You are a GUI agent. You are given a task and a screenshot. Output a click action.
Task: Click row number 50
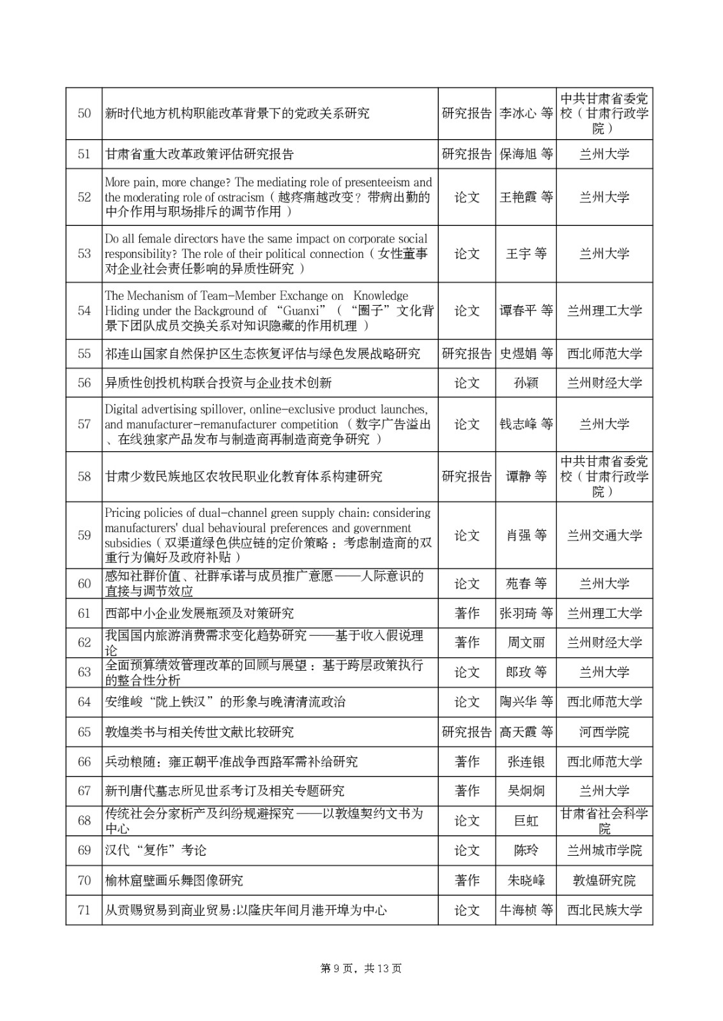tap(84, 114)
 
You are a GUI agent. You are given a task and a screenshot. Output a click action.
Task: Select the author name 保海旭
tap(518, 154)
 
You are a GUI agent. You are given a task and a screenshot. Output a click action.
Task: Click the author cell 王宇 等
tap(526, 254)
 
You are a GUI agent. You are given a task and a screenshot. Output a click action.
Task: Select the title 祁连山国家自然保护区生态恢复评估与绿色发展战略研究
tap(263, 354)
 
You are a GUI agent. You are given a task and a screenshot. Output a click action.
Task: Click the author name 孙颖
tap(526, 383)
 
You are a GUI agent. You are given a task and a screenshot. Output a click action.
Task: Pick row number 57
tap(84, 424)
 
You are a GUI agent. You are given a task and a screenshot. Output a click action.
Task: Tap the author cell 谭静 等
tap(526, 477)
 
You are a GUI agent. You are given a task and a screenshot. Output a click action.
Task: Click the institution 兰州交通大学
tap(604, 535)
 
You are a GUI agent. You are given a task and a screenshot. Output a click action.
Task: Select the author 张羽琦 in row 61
tap(518, 613)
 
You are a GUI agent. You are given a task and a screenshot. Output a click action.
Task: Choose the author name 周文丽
tap(526, 643)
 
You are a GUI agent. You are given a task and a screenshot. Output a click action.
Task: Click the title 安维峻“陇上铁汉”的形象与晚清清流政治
tap(225, 702)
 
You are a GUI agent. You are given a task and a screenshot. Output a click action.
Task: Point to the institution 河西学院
tap(604, 732)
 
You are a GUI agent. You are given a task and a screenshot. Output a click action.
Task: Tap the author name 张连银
tap(526, 762)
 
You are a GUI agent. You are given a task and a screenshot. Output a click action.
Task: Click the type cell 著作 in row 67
tap(467, 791)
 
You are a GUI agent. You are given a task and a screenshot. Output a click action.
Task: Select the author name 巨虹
tap(526, 821)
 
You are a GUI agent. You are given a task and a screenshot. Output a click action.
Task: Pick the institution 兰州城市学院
tap(604, 851)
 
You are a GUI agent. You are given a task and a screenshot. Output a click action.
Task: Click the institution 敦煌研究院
tap(604, 881)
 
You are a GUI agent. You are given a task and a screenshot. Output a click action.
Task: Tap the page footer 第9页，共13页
tap(361, 969)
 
